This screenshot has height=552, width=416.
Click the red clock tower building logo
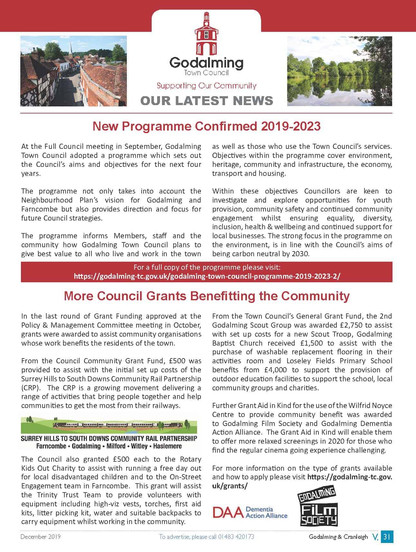pyautogui.click(x=206, y=34)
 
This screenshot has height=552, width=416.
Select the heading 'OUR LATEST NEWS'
pyautogui.click(x=207, y=101)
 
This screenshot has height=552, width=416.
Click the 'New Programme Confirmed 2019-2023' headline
pyautogui.click(x=206, y=126)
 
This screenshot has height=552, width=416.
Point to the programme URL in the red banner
pyautogui.click(x=207, y=276)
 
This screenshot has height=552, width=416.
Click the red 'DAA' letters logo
pyautogui.click(x=227, y=512)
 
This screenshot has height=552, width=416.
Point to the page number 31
pyautogui.click(x=387, y=537)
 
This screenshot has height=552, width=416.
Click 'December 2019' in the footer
pyautogui.click(x=41, y=537)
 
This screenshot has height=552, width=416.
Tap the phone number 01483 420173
pyautogui.click(x=236, y=537)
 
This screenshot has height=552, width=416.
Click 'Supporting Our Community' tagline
pyautogui.click(x=206, y=86)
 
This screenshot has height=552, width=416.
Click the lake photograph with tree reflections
pyautogui.click(x=339, y=71)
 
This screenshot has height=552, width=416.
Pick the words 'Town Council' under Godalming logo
pyautogui.click(x=206, y=73)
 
